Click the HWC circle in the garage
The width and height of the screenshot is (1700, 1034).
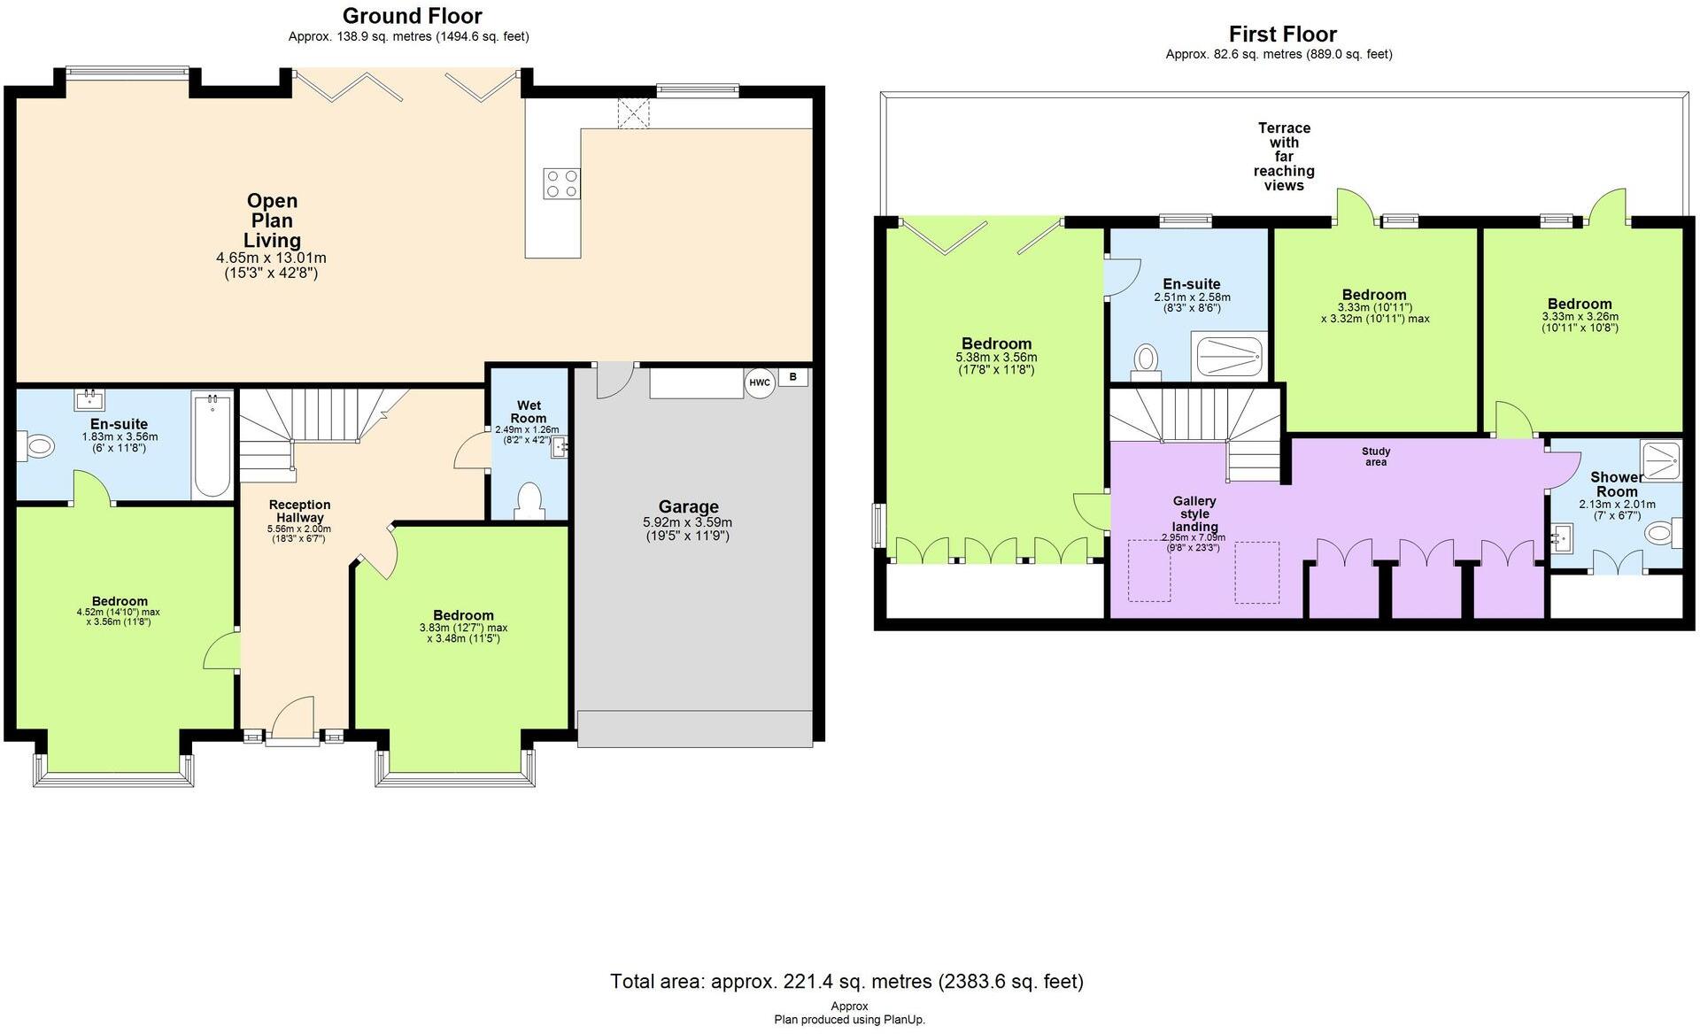pos(759,382)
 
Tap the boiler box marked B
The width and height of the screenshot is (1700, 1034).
pos(793,377)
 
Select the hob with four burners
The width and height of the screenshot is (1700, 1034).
pos(561,183)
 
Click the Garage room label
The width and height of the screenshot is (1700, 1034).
pos(688,506)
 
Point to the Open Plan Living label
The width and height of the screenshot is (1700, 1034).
pos(272,220)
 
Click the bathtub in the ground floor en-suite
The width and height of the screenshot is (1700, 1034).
pos(212,445)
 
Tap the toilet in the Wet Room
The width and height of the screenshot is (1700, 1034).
pos(529,500)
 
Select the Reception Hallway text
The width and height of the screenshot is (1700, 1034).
pos(300,511)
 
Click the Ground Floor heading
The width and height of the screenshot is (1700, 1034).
pos(412,16)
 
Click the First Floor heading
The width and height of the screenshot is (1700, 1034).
pos(1282,34)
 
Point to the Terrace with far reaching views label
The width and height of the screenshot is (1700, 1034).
pos(1284,157)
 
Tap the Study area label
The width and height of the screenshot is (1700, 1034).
pos(1376,456)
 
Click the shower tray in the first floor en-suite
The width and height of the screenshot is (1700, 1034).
pos(1229,357)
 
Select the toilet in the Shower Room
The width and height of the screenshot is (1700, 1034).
pos(1659,533)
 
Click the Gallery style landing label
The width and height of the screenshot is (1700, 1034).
pos(1194,513)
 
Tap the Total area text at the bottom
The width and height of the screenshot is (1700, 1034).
pos(846,981)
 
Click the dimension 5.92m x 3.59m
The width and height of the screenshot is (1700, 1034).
pos(688,522)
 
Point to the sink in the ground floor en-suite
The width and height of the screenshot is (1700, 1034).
pos(90,397)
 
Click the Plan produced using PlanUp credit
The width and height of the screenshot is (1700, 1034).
pos(849,1019)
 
